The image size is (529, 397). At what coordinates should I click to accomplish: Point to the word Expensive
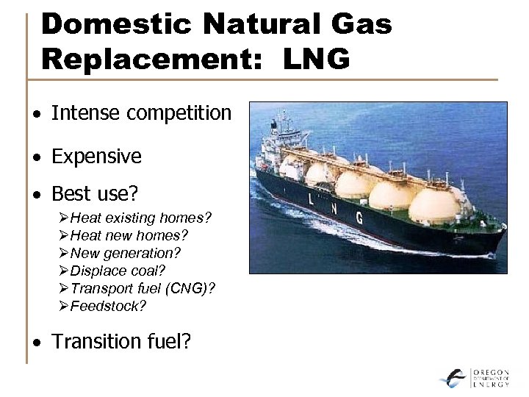tap(96, 157)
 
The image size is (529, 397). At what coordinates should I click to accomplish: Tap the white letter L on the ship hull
tap(311, 199)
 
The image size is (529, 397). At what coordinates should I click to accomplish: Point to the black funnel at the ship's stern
tap(281, 125)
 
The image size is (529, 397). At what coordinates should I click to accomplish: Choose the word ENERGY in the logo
tap(492, 385)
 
